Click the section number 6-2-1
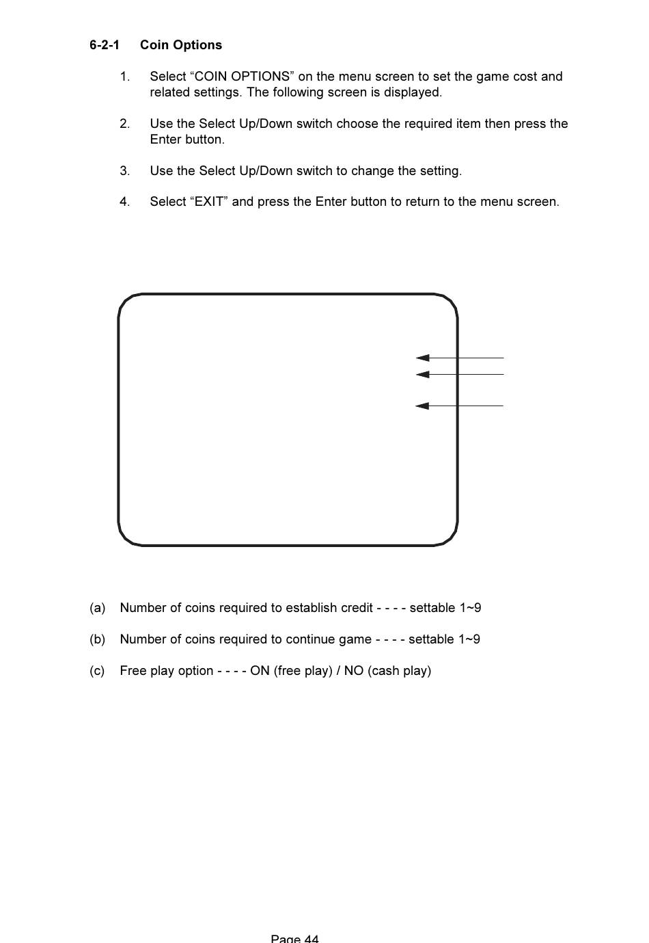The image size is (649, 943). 104,45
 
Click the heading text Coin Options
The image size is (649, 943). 181,45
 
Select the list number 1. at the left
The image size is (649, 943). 124,77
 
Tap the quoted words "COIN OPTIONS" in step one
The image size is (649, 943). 243,77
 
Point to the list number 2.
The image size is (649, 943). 124,124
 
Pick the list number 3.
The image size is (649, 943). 124,171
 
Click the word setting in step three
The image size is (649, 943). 440,171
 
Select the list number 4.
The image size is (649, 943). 124,202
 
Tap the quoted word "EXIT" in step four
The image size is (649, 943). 209,202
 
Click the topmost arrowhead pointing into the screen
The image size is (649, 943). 422,358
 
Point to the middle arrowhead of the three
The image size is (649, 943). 422,375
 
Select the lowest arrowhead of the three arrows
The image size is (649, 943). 422,406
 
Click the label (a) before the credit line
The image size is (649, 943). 97,608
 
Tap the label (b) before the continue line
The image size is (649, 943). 97,639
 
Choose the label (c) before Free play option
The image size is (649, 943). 97,671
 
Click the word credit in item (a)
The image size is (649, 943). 356,608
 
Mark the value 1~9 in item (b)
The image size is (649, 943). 469,639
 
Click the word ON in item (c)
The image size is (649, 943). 260,671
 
